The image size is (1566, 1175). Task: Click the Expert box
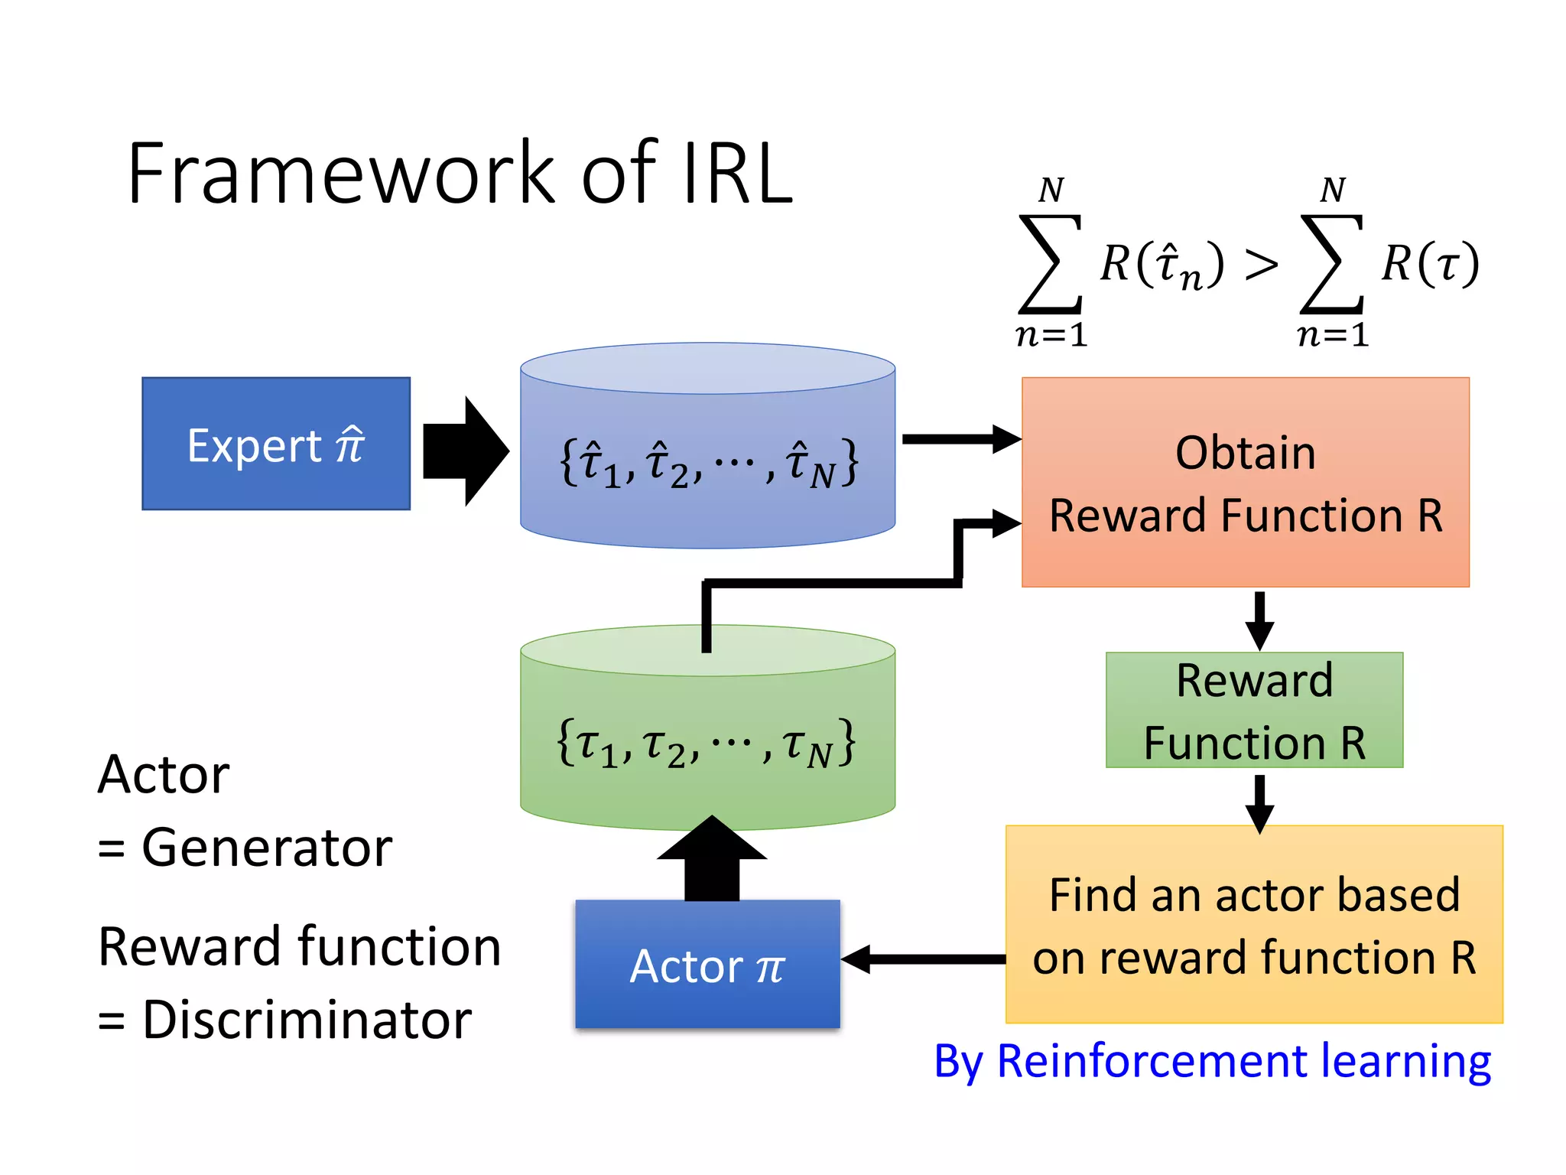275,444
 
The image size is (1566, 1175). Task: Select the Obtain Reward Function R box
1245,482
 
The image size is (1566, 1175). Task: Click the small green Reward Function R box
1254,710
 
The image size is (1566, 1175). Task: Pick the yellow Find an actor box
1254,924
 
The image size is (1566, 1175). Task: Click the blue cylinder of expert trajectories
707,459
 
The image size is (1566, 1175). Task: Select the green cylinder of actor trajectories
707,742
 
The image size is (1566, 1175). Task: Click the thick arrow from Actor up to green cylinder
712,861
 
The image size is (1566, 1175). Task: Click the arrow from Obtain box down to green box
1259,620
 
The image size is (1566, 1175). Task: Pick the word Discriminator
306,1020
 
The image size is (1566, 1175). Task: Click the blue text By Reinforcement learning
1212,1062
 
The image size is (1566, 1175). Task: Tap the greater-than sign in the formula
1261,265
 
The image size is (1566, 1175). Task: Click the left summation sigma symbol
1050,265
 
